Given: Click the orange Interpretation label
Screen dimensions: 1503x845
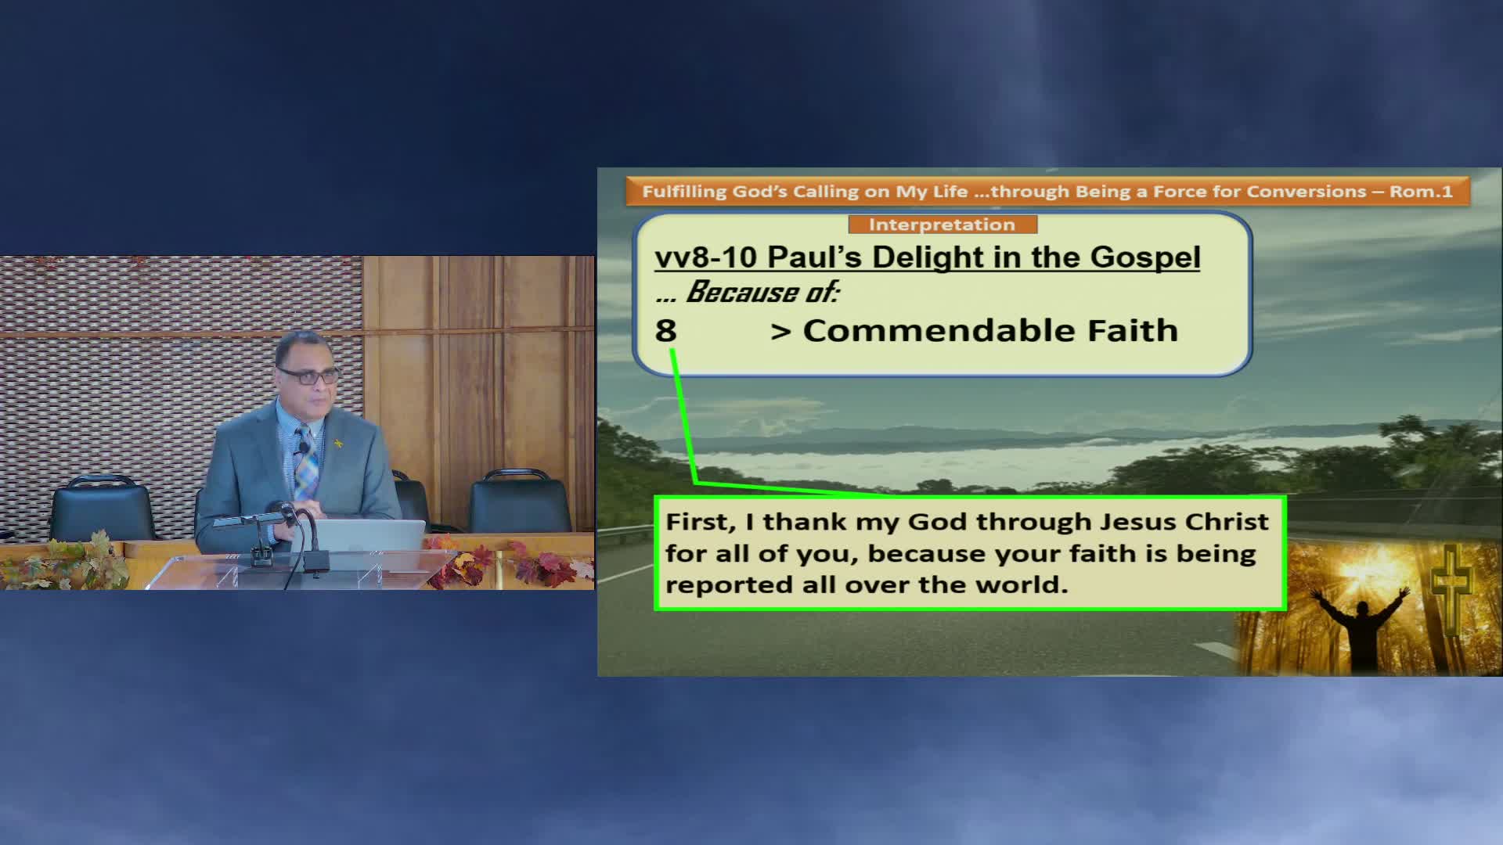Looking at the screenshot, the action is coord(943,225).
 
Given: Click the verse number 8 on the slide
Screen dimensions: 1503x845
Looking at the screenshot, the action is coord(665,330).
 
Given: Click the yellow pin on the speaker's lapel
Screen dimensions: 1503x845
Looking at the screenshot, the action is coord(339,444).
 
